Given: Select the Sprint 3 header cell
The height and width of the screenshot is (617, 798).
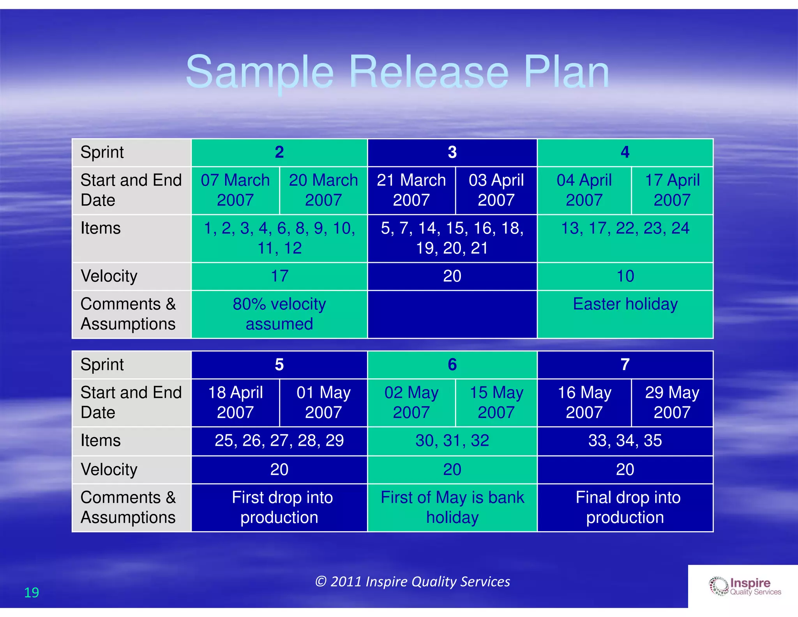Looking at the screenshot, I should [452, 152].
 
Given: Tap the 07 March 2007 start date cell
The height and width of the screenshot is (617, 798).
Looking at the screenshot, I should [235, 190].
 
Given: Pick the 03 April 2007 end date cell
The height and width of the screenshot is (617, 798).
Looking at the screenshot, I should [496, 190].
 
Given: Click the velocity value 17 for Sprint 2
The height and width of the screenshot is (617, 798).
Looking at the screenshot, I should [279, 276].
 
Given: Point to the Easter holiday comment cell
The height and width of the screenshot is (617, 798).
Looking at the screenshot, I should [625, 304].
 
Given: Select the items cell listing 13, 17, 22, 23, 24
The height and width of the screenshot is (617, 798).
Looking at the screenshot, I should [625, 229].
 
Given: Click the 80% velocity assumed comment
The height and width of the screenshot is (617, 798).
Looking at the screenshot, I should [279, 314].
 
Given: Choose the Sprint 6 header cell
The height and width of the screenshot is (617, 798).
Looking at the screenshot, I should [452, 365].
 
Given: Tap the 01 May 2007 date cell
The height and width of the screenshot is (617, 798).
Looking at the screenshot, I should [323, 402].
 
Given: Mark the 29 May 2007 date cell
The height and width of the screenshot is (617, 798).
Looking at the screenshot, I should [672, 402].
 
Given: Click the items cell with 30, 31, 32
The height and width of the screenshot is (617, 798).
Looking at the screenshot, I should [452, 441].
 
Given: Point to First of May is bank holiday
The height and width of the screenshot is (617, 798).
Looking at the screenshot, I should [452, 507].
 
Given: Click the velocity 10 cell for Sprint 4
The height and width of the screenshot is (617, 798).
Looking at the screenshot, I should [625, 276].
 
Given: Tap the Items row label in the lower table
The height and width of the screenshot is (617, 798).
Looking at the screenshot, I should [101, 441].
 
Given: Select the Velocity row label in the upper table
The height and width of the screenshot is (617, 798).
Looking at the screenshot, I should [109, 276].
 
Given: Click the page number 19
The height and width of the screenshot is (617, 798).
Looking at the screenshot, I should [32, 592].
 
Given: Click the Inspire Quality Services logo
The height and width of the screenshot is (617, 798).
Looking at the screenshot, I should [744, 587].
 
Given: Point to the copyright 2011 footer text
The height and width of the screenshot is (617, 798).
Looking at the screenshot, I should [412, 582].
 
